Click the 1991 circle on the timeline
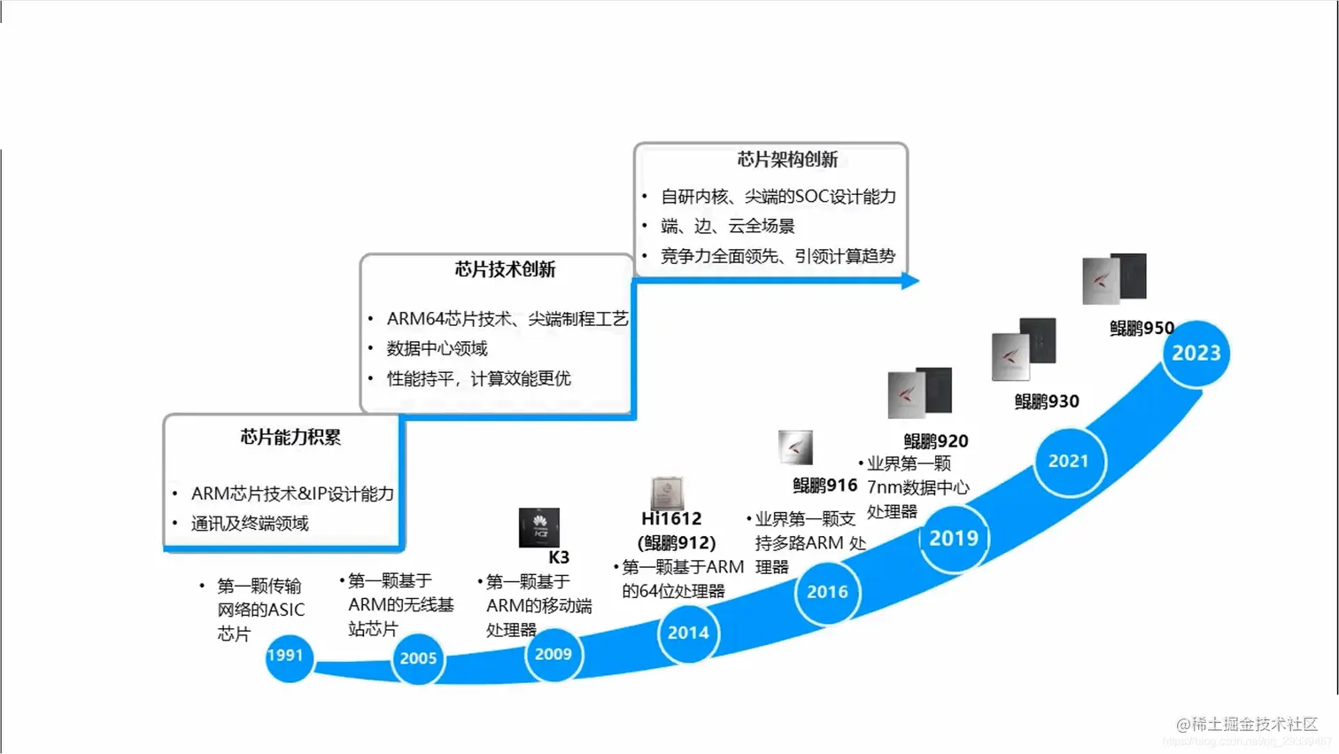(288, 657)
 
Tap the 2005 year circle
(418, 658)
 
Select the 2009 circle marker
(553, 655)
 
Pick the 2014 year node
(688, 633)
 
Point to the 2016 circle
(827, 592)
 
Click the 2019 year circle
(954, 538)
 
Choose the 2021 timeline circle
(1069, 461)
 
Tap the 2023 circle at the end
(1196, 354)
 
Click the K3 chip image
(538, 528)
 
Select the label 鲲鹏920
(935, 440)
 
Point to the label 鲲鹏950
(1142, 329)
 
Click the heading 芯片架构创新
(786, 159)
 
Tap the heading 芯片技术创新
(505, 269)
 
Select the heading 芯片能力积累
(290, 437)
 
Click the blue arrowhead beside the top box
(910, 281)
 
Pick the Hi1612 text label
(671, 518)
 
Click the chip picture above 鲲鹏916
(795, 447)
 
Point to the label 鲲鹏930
(1047, 401)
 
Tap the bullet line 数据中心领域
(437, 348)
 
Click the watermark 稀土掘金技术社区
(1253, 724)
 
